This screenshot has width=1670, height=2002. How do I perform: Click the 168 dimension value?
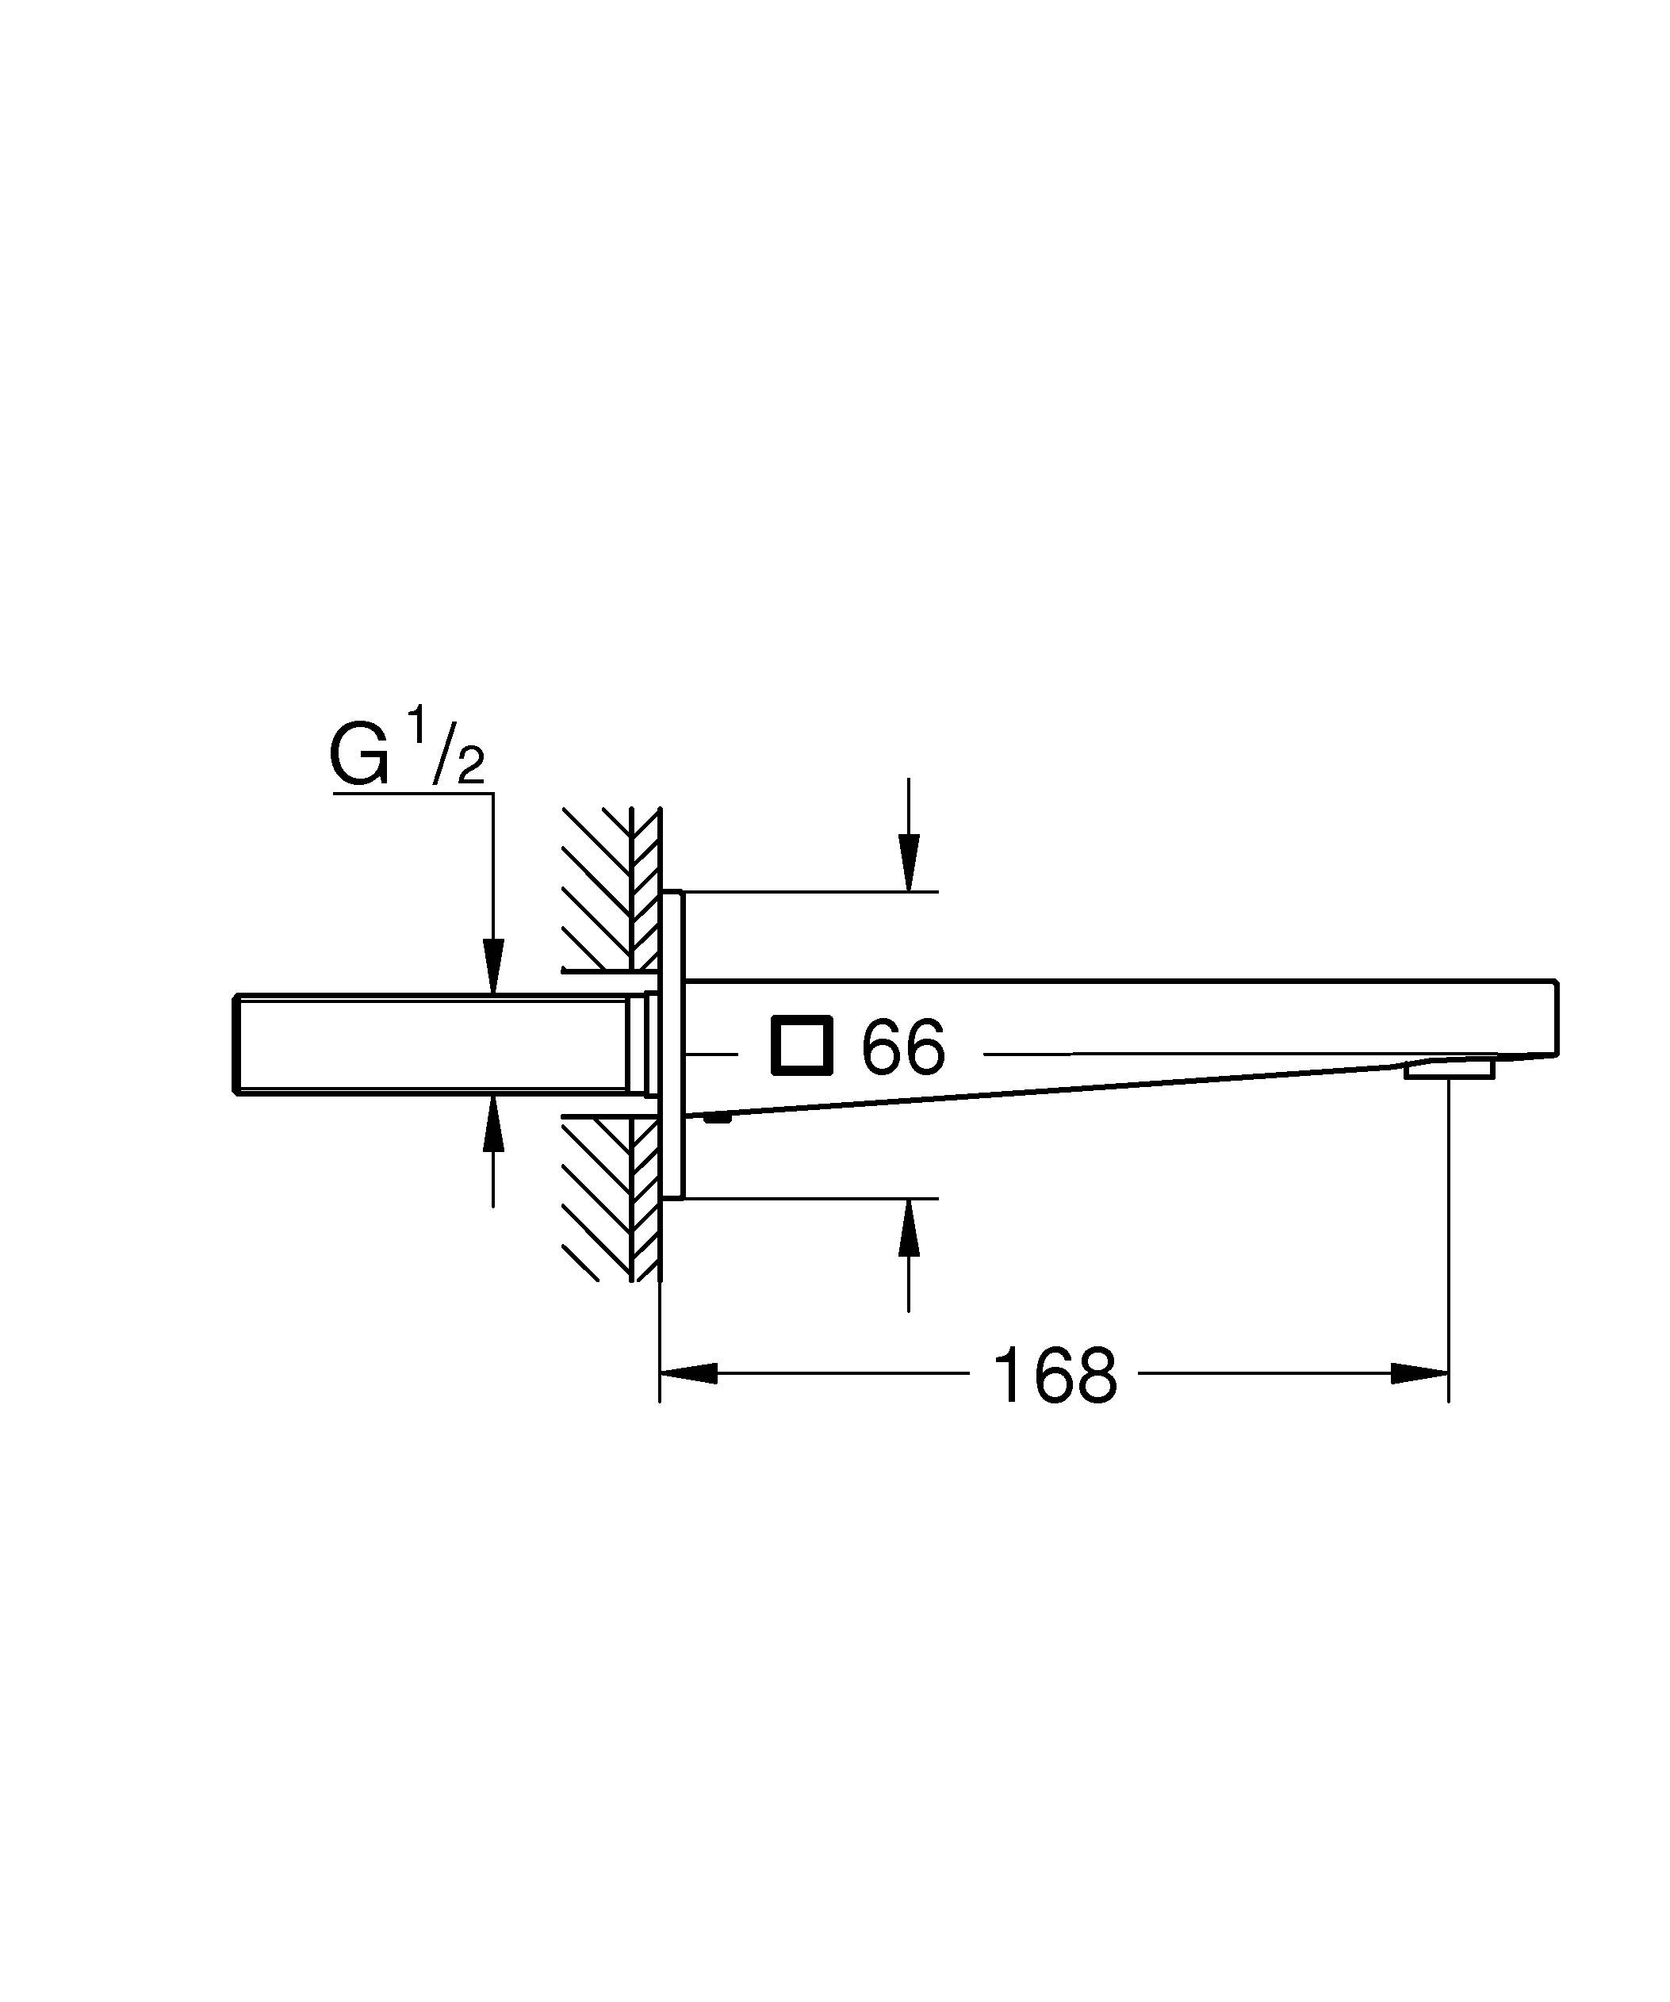(1053, 1376)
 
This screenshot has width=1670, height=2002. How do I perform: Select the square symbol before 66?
(802, 1045)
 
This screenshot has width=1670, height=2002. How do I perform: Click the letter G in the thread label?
(359, 756)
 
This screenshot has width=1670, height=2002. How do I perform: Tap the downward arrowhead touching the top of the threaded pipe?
(492, 967)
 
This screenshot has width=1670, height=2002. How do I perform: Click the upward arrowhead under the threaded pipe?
(492, 1123)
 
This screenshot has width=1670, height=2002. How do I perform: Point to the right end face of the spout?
(1555, 1017)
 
